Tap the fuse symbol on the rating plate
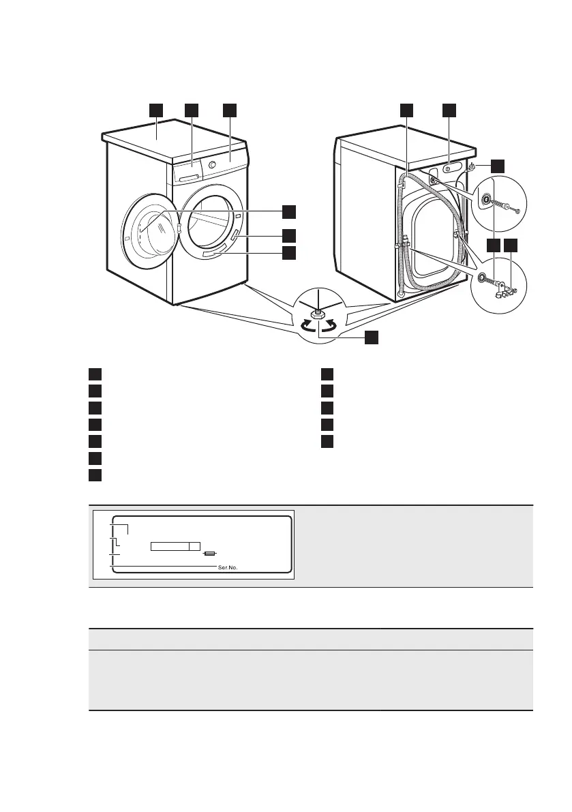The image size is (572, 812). [x=211, y=554]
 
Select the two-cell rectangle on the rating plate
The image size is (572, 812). [x=175, y=546]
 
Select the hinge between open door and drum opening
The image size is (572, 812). [x=179, y=228]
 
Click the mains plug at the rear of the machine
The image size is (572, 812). [x=472, y=168]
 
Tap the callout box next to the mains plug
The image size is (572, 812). [x=498, y=165]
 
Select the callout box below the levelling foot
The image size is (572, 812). [x=371, y=337]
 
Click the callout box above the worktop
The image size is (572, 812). [x=156, y=109]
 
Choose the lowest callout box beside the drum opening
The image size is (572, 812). [x=289, y=253]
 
